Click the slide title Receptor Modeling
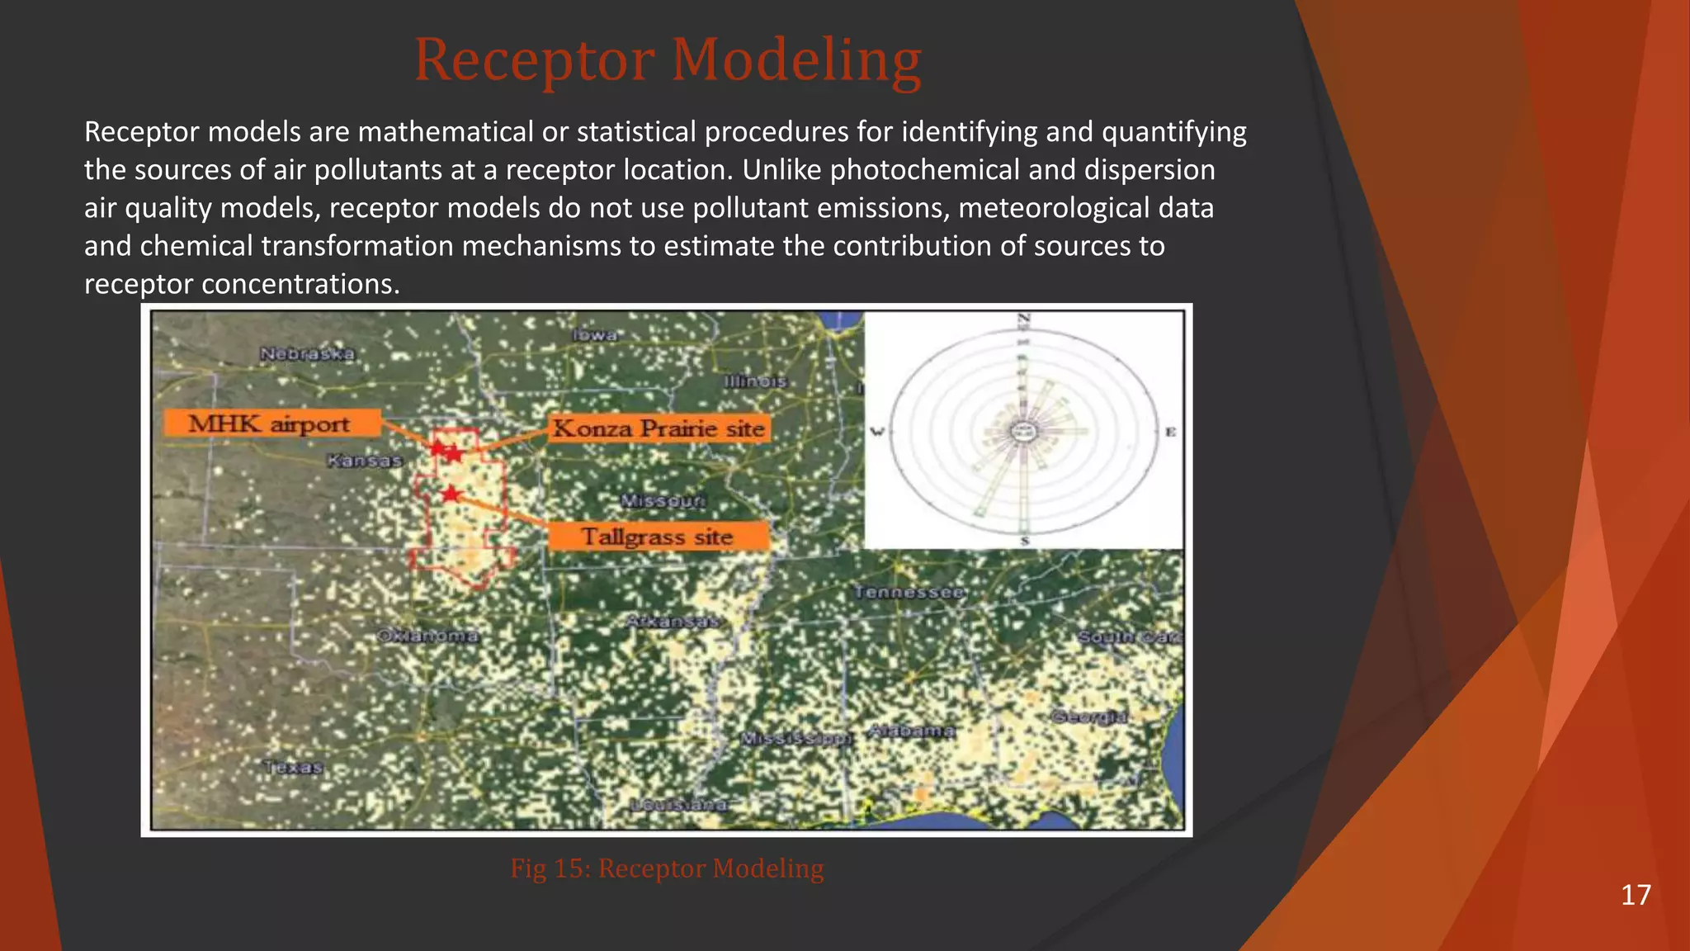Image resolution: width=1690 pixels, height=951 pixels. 667,60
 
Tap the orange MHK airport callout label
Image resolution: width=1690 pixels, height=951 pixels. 271,423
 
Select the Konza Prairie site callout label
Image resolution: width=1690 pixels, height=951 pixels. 659,428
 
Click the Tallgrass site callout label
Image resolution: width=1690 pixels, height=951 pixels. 658,537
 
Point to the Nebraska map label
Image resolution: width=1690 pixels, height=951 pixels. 307,354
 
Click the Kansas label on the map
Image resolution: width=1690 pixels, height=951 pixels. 364,461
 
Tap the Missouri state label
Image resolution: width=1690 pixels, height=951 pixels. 663,501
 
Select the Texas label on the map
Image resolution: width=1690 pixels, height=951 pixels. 294,767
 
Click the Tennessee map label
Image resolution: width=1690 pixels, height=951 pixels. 909,592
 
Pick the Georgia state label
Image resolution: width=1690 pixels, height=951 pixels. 1089,717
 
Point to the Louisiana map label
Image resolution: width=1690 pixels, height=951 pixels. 679,805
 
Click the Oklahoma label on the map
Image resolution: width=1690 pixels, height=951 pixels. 427,636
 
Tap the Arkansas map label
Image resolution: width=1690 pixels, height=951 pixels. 673,622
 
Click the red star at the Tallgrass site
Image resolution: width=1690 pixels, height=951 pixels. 451,494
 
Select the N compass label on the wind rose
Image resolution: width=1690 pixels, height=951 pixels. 1024,319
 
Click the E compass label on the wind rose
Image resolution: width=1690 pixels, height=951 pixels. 1170,432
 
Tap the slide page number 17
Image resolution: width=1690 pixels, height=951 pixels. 1636,895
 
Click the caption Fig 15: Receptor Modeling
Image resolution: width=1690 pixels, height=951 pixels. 667,868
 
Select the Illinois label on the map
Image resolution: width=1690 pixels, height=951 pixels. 755,381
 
